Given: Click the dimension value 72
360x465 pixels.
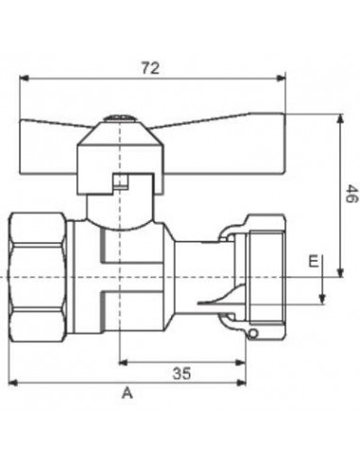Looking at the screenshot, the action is [150, 68].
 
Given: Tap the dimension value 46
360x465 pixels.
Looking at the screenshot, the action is [351, 194].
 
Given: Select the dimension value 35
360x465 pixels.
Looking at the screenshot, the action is [182, 373].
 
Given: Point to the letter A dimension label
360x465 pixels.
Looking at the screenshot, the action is [128, 393].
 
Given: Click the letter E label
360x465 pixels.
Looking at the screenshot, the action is [314, 261].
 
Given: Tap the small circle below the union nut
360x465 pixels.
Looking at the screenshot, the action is [253, 334].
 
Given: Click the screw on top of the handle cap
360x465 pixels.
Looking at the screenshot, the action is [119, 119].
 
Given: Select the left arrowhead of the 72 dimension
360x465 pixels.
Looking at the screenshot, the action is [25, 77].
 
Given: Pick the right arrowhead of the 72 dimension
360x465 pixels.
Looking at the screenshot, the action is [281, 77].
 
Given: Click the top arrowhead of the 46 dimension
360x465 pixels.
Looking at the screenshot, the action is [340, 119].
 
